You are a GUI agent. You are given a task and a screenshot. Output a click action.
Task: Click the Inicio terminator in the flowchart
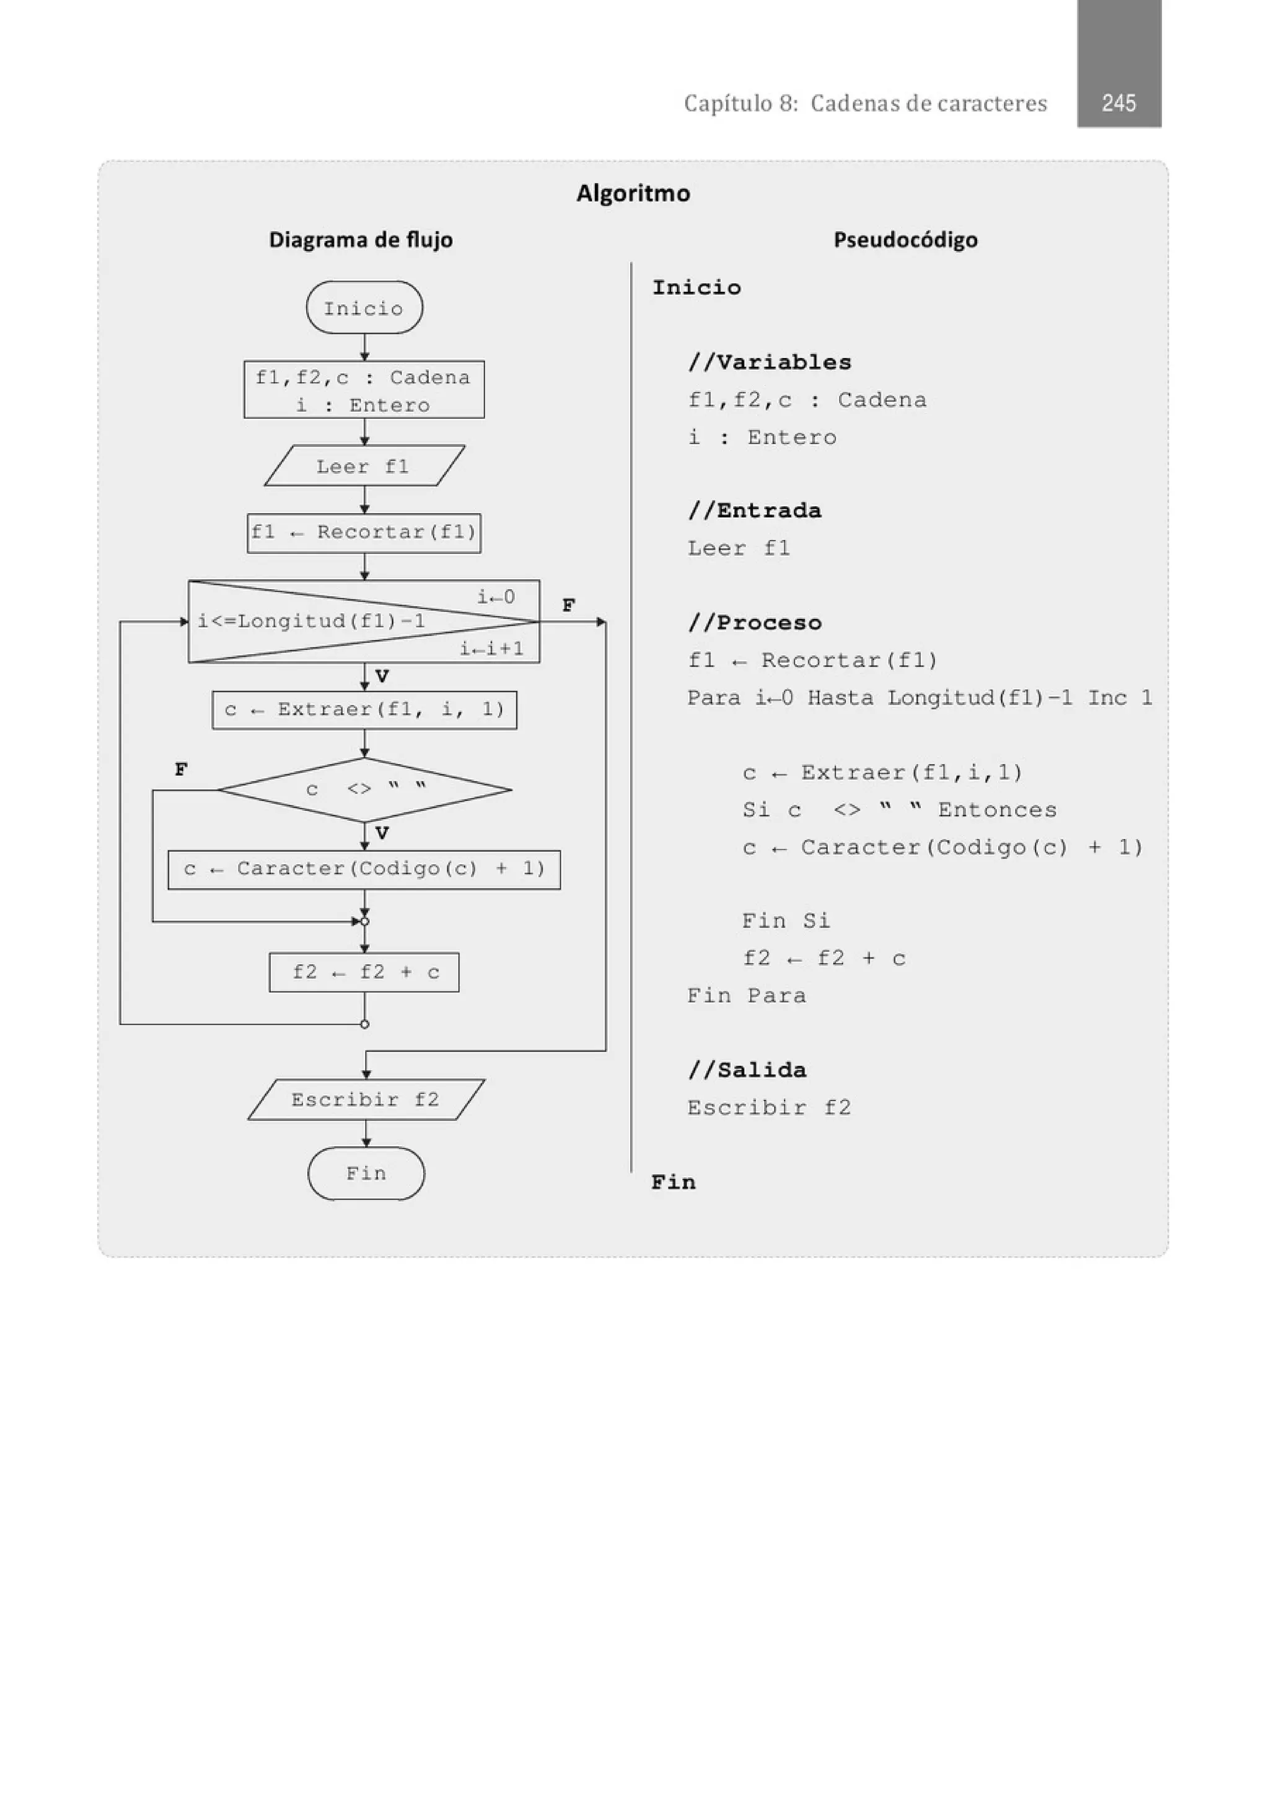click(364, 308)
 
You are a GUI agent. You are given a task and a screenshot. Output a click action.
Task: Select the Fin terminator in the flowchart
click(366, 1173)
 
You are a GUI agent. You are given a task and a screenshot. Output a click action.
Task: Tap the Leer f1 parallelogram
click(364, 466)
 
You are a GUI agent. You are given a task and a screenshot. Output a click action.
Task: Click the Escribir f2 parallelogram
click(366, 1099)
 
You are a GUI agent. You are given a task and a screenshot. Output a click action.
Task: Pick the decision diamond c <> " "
click(364, 789)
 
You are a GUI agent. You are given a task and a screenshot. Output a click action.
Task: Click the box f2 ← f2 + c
click(364, 972)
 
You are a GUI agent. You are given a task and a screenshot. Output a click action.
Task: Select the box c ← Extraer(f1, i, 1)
click(364, 709)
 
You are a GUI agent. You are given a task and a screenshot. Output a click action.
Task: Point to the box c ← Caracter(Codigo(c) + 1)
click(364, 869)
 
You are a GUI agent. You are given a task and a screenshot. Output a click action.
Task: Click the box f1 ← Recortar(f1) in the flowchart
click(364, 532)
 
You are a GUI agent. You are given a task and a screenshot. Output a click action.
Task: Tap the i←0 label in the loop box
click(496, 597)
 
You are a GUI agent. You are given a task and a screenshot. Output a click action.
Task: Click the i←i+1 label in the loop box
click(491, 649)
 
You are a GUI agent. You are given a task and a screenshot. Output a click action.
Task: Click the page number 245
click(1118, 103)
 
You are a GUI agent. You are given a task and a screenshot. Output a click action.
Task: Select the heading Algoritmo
click(633, 193)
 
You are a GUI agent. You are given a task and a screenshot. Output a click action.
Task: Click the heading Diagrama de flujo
click(361, 240)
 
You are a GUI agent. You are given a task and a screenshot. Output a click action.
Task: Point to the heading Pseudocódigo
click(905, 240)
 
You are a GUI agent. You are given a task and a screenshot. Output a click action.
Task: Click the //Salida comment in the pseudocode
click(747, 1070)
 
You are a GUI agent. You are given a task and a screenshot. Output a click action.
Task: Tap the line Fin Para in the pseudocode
click(747, 996)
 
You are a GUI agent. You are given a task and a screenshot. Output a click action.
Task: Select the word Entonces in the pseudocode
click(997, 810)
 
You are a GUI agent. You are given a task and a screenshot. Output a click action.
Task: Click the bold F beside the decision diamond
click(181, 769)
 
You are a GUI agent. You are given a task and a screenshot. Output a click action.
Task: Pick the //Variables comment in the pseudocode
click(769, 362)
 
